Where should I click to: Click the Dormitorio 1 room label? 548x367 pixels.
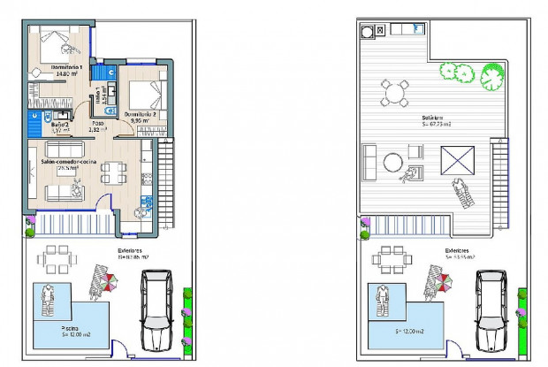click(x=67, y=68)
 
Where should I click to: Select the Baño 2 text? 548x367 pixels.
click(x=59, y=126)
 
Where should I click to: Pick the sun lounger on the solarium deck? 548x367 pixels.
click(x=462, y=193)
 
